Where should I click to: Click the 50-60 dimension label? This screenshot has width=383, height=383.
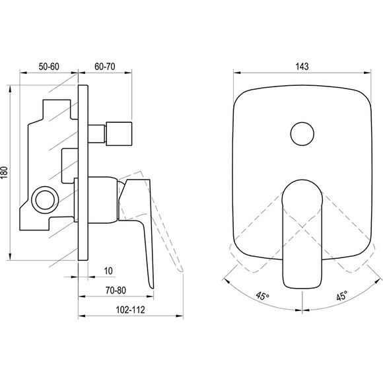tap(49, 67)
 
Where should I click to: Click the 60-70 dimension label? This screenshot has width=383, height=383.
tap(105, 67)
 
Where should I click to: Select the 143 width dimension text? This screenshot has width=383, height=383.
tap(302, 67)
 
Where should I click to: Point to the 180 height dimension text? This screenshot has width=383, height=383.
tap(5, 172)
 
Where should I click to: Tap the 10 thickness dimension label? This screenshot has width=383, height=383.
tap(108, 271)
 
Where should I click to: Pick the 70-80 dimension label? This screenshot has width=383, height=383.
tap(116, 291)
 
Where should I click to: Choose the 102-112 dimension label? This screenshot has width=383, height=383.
tap(130, 310)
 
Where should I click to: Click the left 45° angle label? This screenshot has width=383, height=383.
tap(263, 296)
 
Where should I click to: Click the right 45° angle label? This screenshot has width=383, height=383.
tap(342, 296)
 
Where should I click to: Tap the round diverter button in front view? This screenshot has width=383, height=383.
tap(302, 134)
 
